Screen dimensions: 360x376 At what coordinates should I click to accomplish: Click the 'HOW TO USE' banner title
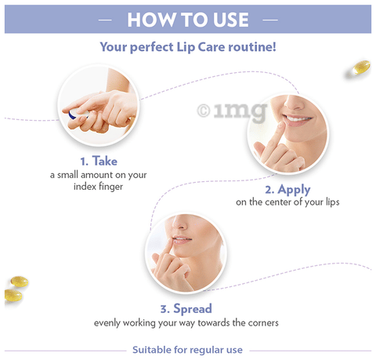[x=187, y=20]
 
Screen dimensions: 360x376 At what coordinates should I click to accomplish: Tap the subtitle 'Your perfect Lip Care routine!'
[x=187, y=47]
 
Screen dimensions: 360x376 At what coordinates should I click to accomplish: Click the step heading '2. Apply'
[x=287, y=189]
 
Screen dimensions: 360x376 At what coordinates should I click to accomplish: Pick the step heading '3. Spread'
[x=186, y=308]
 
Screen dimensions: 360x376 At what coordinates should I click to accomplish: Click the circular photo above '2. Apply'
[x=287, y=134]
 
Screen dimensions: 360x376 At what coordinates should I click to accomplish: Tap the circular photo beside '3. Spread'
[x=186, y=252]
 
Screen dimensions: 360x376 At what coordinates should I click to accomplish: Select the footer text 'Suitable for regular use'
[x=187, y=350]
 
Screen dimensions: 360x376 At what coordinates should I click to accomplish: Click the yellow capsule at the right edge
[x=361, y=68]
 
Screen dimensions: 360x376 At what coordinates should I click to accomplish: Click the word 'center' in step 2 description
[x=284, y=202]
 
